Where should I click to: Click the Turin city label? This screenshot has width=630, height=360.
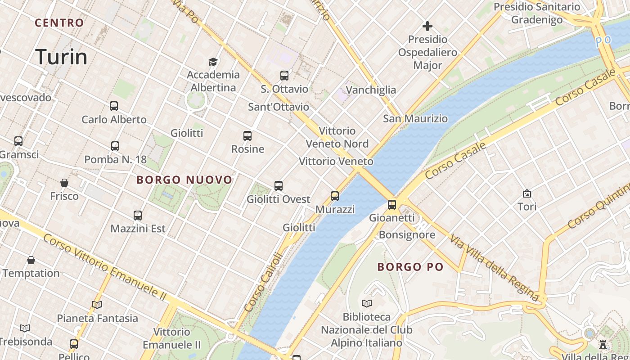[x=61, y=57]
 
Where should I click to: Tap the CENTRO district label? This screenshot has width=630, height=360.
[x=59, y=23]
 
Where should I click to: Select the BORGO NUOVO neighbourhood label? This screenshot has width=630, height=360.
[x=184, y=180]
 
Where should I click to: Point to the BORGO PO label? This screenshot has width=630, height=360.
[x=410, y=267]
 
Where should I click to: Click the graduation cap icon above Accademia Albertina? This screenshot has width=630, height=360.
[x=213, y=62]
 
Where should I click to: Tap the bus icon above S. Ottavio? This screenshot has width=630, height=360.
[x=284, y=75]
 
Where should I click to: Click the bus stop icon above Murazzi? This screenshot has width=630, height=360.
[x=335, y=196]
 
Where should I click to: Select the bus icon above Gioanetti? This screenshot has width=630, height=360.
[x=392, y=205]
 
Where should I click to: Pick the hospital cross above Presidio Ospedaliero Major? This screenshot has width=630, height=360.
[x=427, y=26]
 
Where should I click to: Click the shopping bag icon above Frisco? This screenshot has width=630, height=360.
[x=64, y=183]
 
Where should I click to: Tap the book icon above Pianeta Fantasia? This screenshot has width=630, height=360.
[x=97, y=305]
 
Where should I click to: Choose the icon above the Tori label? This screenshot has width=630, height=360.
[x=527, y=193]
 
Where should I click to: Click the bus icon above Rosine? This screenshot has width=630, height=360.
[x=247, y=135]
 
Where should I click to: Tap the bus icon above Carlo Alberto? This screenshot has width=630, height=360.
[x=114, y=106]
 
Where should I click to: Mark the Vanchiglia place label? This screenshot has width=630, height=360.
[x=371, y=90]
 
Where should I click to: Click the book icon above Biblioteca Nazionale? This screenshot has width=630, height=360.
[x=367, y=303]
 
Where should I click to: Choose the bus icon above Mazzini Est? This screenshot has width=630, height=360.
[x=138, y=216]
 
